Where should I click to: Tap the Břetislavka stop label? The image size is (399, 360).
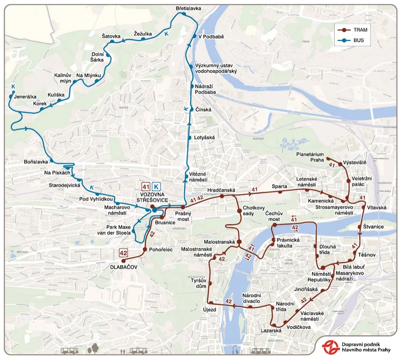click(189, 9)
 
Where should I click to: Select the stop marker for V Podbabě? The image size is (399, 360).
click(194, 37)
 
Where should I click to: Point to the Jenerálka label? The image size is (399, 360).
click(26, 96)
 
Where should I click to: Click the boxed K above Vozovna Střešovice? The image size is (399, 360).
click(156, 187)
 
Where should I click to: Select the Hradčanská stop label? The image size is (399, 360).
click(222, 189)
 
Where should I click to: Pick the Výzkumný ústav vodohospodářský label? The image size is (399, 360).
click(216, 68)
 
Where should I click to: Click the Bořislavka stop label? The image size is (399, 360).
click(36, 162)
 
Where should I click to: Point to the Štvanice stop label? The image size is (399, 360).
click(374, 227)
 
